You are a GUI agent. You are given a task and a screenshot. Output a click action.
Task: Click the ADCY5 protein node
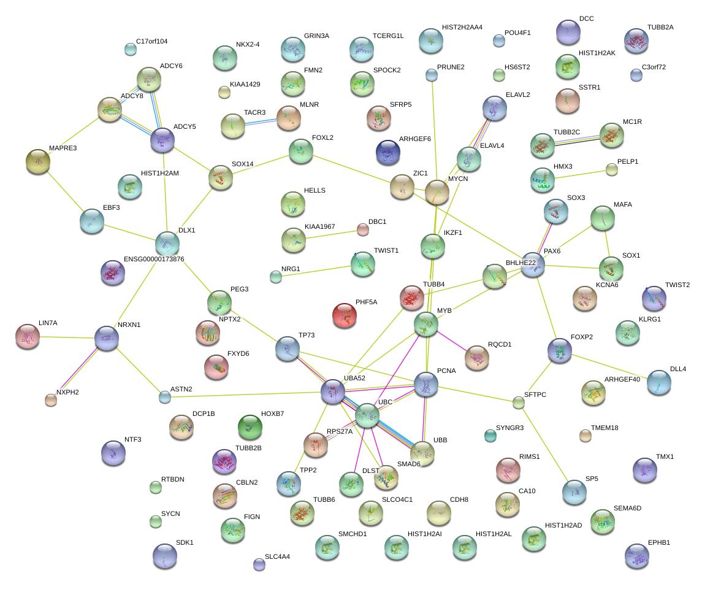click(x=162, y=140)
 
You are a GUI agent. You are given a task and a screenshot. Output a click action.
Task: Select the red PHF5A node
click(x=345, y=315)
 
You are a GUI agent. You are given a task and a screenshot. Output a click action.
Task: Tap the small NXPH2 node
click(x=51, y=400)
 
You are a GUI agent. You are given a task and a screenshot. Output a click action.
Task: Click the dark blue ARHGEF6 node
click(x=387, y=152)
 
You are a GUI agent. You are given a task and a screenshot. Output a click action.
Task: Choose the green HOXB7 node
click(x=250, y=426)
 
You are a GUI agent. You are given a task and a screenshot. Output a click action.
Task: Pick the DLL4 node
click(x=658, y=382)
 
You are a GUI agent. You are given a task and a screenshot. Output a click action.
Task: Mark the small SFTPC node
click(x=519, y=402)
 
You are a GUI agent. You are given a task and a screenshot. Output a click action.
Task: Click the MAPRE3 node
click(x=38, y=161)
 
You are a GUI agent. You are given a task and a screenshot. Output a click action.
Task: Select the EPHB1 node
click(x=637, y=555)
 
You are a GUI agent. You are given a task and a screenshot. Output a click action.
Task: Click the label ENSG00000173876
click(x=154, y=259)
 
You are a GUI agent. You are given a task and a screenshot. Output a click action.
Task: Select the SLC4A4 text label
click(x=277, y=557)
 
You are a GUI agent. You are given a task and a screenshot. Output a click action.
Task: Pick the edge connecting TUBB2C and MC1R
click(x=577, y=140)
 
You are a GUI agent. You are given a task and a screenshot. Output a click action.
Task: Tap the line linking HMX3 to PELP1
click(x=578, y=174)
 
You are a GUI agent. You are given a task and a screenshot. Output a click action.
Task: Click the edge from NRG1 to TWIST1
click(x=319, y=270)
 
